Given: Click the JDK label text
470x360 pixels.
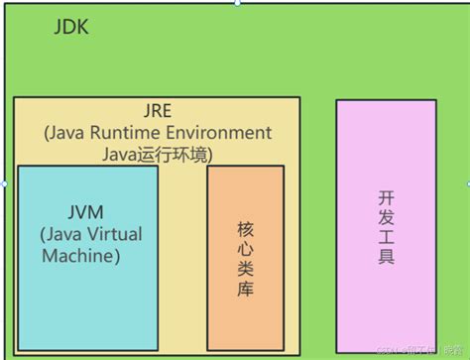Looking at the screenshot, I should click(70, 28).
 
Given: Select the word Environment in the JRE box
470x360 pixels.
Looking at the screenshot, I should click(224, 133).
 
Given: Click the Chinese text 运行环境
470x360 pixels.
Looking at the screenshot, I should click(177, 154).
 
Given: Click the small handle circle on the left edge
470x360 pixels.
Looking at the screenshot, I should click(4, 183).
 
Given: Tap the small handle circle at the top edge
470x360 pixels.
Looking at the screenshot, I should click(236, 3).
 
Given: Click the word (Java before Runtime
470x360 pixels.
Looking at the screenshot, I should click(69, 133).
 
